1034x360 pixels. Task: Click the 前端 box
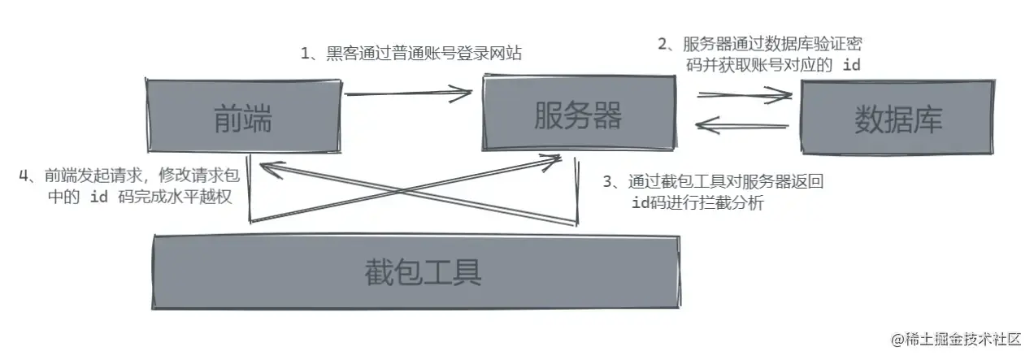tap(242, 119)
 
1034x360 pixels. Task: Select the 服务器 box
tap(578, 116)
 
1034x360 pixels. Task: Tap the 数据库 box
tap(897, 119)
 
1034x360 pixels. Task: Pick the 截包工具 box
tap(415, 271)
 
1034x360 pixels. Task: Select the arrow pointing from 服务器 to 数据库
tap(744, 96)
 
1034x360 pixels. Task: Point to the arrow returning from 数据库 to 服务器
tap(743, 125)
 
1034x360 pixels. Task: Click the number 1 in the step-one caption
tap(306, 54)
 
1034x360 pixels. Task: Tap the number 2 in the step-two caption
tap(664, 45)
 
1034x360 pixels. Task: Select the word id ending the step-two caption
tap(851, 66)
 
